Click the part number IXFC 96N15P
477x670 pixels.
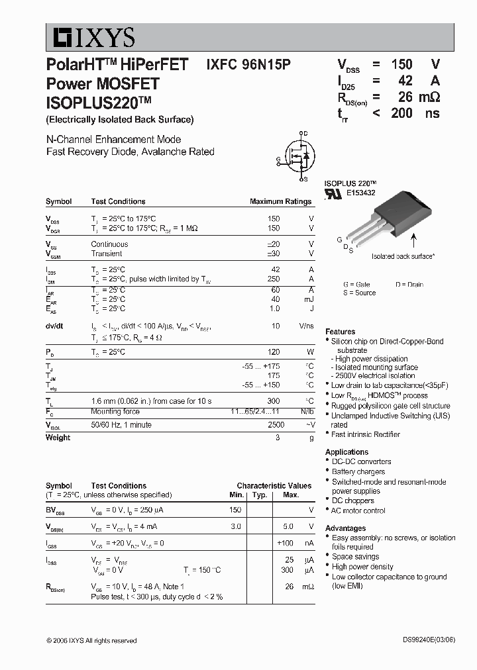[x=248, y=64]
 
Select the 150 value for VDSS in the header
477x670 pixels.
[x=401, y=64]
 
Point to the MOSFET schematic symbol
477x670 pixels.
[x=296, y=156]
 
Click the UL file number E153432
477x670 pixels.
[x=360, y=193]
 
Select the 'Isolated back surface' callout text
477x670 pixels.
[x=403, y=256]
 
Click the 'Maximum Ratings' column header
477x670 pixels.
[x=280, y=201]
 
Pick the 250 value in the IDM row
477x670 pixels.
[x=273, y=279]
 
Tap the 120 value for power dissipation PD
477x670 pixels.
[x=273, y=352]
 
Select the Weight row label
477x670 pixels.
[x=58, y=438]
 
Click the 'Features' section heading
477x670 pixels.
[x=340, y=332]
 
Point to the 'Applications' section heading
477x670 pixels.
[x=346, y=452]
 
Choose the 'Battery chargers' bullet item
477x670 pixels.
[x=358, y=472]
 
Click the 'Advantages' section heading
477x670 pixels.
[x=345, y=528]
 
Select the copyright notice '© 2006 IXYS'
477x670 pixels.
[x=91, y=641]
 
